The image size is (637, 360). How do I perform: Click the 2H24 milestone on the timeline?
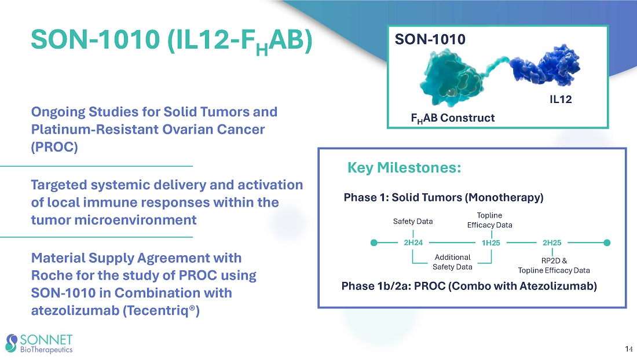tap(413, 243)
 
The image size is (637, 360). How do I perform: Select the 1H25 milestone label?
tap(490, 243)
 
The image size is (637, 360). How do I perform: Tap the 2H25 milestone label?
tap(552, 243)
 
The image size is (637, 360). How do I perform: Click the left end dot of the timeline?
tap(374, 243)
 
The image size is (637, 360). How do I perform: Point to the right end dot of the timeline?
tap(607, 243)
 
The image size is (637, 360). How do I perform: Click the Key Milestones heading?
tap(404, 168)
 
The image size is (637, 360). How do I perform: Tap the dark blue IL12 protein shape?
tap(545, 66)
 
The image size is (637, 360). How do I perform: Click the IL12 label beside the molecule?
tap(561, 100)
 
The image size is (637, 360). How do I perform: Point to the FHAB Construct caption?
tap(453, 118)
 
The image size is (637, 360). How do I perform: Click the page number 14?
tap(628, 349)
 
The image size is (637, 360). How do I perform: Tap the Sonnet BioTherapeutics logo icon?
tap(12, 343)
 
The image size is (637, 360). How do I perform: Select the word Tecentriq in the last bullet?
tap(161, 310)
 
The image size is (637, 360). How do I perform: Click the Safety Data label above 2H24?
tap(413, 221)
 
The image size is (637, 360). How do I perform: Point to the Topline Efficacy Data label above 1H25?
tap(489, 220)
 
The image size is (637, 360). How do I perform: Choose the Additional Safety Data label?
tap(453, 262)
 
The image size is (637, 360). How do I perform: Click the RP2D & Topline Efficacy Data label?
tap(554, 266)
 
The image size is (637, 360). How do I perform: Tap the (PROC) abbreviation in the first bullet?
tap(54, 146)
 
